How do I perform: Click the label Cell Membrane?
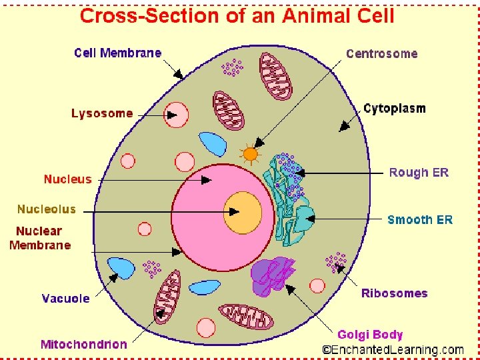coord(117,53)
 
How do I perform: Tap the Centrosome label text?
coord(381,54)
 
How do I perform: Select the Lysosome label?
coord(102,113)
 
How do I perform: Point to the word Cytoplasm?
coord(395,109)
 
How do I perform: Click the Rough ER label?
coord(419,173)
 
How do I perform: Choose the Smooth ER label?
coord(419,219)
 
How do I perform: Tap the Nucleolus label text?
coord(47,209)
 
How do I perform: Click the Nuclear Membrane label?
coord(40,238)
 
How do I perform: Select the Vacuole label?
coord(65,298)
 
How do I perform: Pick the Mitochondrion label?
coord(83,344)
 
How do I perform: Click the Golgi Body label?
coord(370,334)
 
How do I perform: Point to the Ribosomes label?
coord(394,293)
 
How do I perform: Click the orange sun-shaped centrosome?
coord(250,155)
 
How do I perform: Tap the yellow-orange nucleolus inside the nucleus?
coord(243,211)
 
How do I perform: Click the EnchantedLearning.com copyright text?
coord(393,349)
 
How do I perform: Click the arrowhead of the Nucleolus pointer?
coord(235,212)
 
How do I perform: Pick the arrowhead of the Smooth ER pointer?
coord(311,219)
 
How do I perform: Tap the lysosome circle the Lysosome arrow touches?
coord(177,115)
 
